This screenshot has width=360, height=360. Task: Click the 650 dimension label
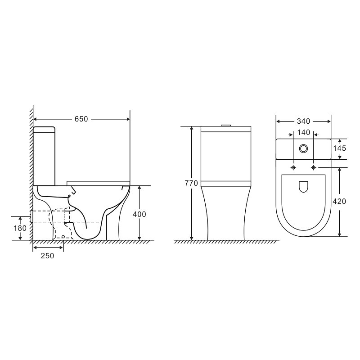[x=81, y=119]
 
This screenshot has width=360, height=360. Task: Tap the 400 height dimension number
[x=139, y=214]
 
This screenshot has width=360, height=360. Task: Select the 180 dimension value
[x=20, y=228]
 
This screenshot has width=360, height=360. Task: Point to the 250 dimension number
[x=48, y=256]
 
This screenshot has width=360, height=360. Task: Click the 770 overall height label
[x=191, y=183]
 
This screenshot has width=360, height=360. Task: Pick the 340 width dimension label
[x=303, y=121]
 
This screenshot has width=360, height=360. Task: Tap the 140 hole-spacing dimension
[x=304, y=132]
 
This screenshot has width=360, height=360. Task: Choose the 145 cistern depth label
[x=340, y=148]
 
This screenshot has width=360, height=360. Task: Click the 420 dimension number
[x=339, y=201]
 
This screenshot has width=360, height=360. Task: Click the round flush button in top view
[x=303, y=149]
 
